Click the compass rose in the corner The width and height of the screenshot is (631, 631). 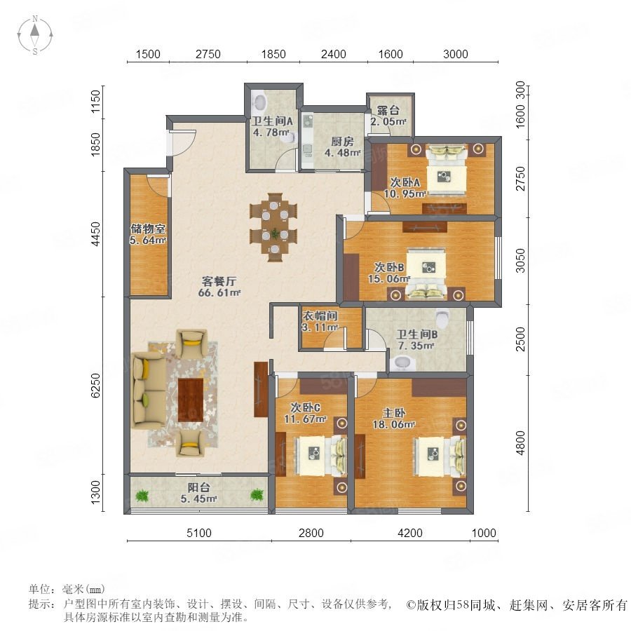35,34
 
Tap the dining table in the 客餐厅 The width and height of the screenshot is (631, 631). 274,228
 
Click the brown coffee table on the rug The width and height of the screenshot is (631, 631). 190,400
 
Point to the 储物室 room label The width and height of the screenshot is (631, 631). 148,229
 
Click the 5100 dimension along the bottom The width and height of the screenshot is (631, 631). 199,533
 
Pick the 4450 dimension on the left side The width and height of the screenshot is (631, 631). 95,233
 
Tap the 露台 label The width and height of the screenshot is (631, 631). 388,110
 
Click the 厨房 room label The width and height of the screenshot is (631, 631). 342,142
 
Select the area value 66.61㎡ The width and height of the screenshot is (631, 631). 219,292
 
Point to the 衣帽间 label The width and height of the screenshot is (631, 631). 320,316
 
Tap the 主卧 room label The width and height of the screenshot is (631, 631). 393,413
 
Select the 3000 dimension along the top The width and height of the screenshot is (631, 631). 456,54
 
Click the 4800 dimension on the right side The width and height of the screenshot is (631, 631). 520,442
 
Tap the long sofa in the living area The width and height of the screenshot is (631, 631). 148,390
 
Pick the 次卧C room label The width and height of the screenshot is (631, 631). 305,407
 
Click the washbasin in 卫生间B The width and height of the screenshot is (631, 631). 402,362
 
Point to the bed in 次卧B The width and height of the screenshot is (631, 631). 426,273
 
